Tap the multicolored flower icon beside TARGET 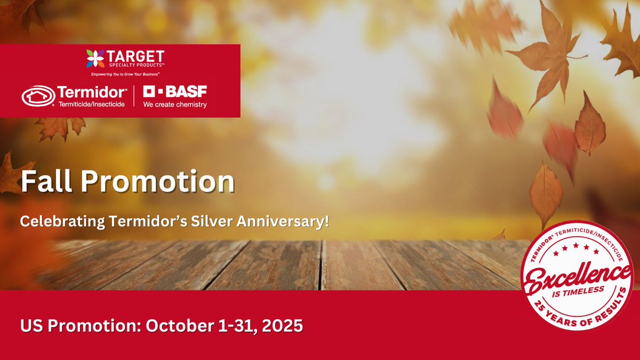click(95, 59)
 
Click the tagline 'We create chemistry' click(174, 105)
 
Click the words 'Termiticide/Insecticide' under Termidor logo click(92, 104)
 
